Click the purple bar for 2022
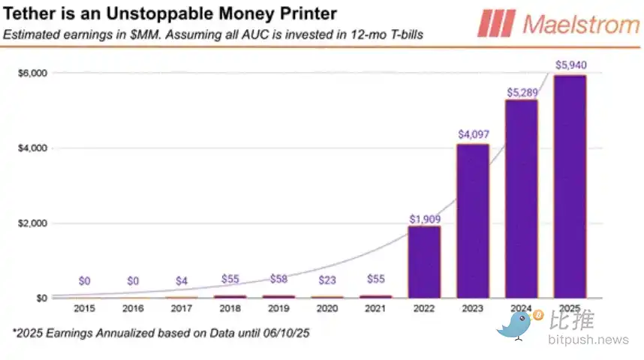click(424, 262)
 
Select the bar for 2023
click(473, 220)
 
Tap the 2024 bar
click(522, 199)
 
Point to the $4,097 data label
click(473, 134)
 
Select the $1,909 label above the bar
click(424, 217)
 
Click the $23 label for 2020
click(327, 280)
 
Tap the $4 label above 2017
click(182, 280)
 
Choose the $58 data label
click(278, 279)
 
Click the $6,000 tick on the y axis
click(33, 73)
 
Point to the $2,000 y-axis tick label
click(33, 223)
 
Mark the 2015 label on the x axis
click(85, 308)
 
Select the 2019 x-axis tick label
click(278, 308)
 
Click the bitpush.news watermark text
click(588, 340)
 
